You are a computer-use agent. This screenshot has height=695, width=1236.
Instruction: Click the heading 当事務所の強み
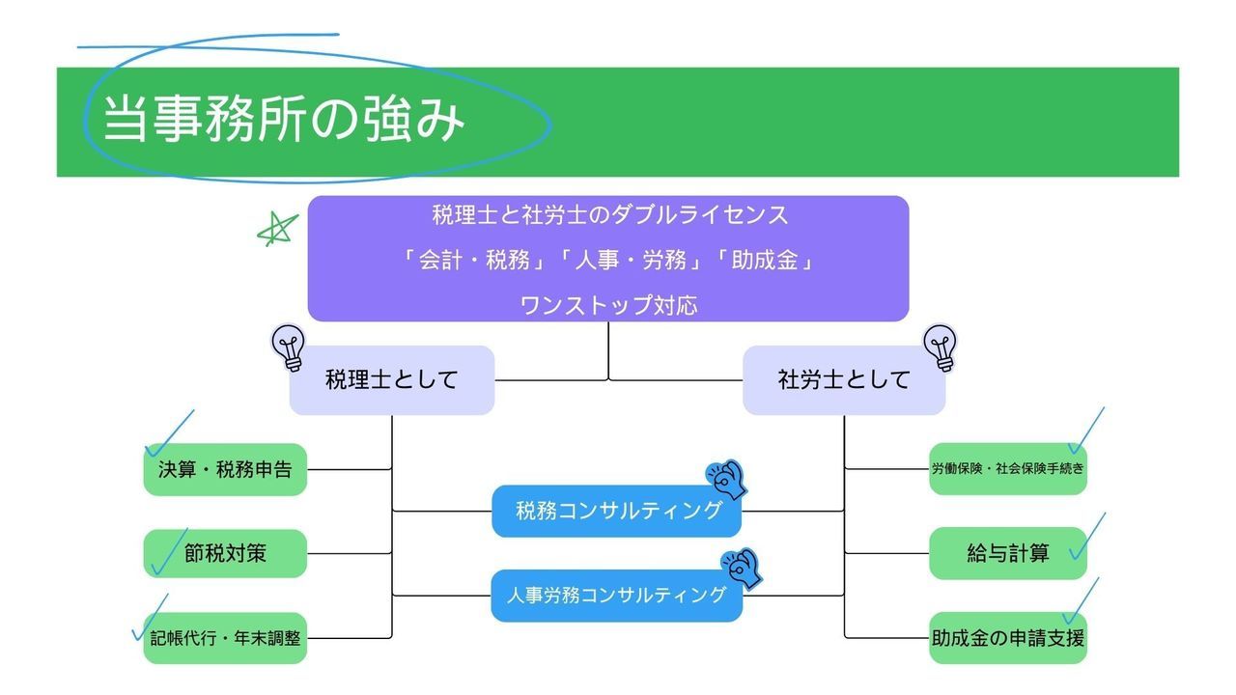click(284, 120)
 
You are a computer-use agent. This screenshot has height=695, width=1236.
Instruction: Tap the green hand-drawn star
click(277, 230)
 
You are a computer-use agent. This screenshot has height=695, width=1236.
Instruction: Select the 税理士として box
click(391, 380)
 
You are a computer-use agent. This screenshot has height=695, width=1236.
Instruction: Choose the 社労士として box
click(843, 380)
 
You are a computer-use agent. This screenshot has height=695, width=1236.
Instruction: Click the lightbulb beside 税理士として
click(288, 347)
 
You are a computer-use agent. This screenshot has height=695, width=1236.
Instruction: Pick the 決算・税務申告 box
click(225, 470)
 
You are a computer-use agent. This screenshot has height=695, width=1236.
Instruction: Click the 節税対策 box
click(225, 554)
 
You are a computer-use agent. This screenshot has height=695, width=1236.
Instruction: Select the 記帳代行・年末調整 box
click(225, 638)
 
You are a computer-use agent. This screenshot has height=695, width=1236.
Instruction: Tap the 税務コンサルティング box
click(616, 512)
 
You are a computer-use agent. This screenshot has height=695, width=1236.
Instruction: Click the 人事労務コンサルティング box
click(616, 596)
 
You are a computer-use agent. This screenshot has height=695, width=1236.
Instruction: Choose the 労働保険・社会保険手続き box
click(1007, 469)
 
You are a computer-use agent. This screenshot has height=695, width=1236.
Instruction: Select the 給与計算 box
click(1007, 554)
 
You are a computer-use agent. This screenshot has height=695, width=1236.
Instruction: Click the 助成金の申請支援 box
click(1007, 638)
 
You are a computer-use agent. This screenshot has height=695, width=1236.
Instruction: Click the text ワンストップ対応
click(608, 305)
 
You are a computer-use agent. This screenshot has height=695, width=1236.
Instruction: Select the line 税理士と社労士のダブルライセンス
click(608, 214)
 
